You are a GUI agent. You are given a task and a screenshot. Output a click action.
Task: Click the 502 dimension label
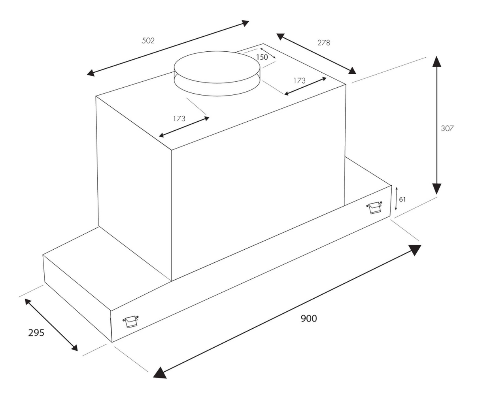coord(148,41)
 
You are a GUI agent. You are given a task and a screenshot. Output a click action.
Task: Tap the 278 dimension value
coord(323,42)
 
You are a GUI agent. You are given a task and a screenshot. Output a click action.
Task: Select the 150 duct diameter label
coord(262,57)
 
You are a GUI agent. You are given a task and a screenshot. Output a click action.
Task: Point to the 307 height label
coord(447,128)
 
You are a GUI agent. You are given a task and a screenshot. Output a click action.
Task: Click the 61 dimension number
coord(403,199)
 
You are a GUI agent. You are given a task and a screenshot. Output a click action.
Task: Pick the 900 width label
coord(309,318)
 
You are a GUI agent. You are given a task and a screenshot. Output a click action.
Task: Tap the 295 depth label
coord(36,333)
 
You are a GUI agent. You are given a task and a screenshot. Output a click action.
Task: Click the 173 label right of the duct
coord(299,81)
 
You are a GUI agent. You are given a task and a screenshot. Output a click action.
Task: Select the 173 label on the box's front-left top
coord(179,119)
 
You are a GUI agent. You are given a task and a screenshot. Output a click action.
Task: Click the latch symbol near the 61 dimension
coord(374,207)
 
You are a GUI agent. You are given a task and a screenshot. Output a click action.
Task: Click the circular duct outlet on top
coord(217,73)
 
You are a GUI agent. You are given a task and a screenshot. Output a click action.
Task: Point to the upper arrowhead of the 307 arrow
coord(437,61)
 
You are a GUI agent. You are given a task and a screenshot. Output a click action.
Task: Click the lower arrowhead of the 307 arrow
coord(437,189)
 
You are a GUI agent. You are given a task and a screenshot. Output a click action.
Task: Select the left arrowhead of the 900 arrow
coord(160,373)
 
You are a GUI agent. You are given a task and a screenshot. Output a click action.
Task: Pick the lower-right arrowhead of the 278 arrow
coord(351,71)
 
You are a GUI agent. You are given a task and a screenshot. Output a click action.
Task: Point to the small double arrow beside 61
coord(396,199)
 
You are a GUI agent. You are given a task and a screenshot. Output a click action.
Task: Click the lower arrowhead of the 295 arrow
coord(74,348)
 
